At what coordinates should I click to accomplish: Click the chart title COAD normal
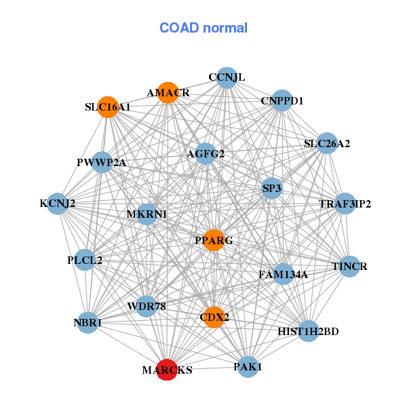click(203, 28)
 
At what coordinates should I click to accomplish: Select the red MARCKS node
click(168, 370)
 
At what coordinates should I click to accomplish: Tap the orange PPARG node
click(214, 240)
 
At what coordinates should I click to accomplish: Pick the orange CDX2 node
click(214, 317)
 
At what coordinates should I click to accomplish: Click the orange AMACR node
click(168, 92)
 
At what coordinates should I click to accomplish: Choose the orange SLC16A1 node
click(108, 106)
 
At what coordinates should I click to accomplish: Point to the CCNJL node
click(227, 77)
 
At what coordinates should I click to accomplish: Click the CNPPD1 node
click(282, 101)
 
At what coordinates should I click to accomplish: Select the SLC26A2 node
click(327, 143)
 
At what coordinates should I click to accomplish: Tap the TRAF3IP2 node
click(345, 203)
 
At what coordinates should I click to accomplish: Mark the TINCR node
click(349, 266)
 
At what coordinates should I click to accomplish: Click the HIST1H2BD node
click(308, 331)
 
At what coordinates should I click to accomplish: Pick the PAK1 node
click(248, 366)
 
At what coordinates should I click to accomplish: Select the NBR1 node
click(88, 323)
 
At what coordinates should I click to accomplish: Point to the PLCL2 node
click(85, 259)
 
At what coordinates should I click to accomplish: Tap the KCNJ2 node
click(57, 203)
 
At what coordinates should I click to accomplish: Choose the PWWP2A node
click(101, 162)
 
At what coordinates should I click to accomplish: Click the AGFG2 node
click(205, 154)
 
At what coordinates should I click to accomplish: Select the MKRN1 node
click(147, 214)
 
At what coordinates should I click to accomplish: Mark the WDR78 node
click(147, 307)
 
